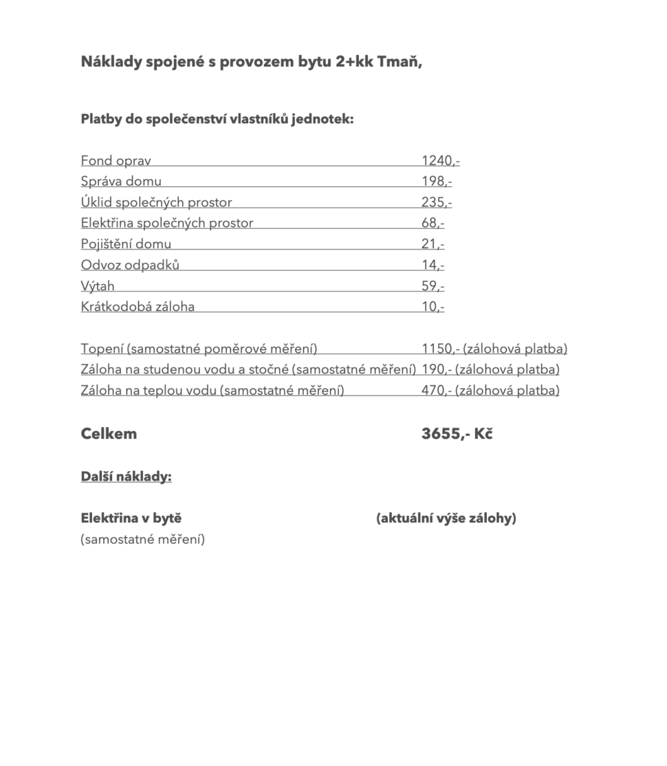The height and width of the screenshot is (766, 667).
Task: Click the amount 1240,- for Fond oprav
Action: coord(440,161)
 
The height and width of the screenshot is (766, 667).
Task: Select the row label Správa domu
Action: coord(121,182)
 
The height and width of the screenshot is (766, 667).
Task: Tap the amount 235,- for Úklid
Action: coord(436,202)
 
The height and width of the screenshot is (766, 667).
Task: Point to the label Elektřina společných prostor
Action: coord(167,223)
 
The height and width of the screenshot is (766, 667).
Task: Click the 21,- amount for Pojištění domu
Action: coord(433,244)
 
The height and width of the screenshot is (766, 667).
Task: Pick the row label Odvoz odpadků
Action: coord(130,265)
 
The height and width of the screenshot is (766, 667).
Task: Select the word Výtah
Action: coord(98,286)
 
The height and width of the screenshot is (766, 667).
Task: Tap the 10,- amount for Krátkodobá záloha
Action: coord(433,307)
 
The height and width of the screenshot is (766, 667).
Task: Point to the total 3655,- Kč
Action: coord(457,434)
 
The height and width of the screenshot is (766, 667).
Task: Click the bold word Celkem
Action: coord(109,434)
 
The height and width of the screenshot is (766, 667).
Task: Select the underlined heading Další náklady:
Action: coord(126,477)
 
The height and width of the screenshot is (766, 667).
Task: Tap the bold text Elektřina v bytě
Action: coord(131,518)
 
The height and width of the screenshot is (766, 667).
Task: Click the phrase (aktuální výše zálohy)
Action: coord(446,518)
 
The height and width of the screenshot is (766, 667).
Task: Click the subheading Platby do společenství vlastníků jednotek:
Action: coord(217,119)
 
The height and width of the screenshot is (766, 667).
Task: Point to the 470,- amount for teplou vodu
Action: coord(436,391)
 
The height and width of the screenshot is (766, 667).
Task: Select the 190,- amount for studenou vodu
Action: coord(436,369)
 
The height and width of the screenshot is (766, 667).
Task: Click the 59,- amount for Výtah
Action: coord(433,286)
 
